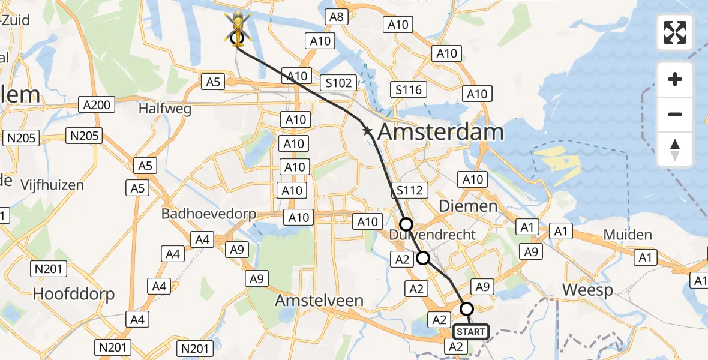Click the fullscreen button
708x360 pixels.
675,32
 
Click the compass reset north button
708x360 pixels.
675,149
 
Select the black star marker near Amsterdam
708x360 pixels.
367,131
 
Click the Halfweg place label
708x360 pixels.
164,109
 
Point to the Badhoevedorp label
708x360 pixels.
208,214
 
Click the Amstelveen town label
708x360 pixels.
319,301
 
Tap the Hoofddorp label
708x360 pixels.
74,294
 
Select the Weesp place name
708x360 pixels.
587,290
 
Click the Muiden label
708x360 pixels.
628,234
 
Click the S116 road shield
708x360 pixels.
409,90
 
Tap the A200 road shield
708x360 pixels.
97,105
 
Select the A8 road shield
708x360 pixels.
337,17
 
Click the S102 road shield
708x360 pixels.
339,82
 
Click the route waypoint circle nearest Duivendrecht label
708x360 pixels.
406,224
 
